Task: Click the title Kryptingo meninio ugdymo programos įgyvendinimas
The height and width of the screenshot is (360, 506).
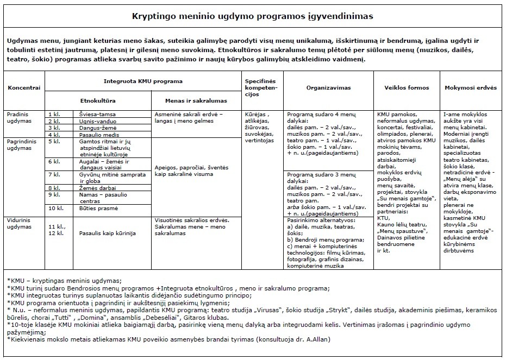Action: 253,16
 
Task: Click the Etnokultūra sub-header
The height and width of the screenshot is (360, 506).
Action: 98,100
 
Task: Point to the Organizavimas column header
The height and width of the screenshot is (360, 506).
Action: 328,87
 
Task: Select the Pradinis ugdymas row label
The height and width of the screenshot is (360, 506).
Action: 20,118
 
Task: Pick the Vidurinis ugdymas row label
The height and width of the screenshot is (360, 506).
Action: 20,223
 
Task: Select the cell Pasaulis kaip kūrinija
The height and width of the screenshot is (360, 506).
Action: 107,233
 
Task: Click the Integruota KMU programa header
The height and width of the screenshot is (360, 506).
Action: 142,81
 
